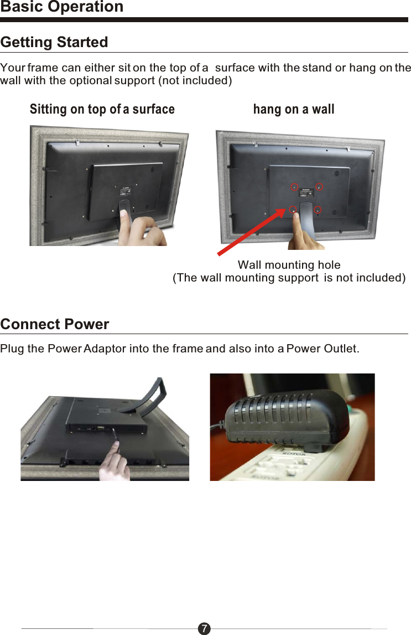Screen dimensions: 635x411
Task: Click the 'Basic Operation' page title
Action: [x=62, y=7]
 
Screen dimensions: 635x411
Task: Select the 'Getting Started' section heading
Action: [x=54, y=42]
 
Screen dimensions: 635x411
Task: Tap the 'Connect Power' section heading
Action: [x=55, y=324]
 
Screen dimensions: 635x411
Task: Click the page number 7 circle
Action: [x=205, y=628]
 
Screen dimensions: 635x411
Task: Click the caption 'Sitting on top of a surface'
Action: [x=102, y=109]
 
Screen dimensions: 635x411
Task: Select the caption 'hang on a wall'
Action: [x=294, y=109]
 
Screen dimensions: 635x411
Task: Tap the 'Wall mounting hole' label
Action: [x=289, y=265]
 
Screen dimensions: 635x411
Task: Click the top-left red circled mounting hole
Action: [x=295, y=186]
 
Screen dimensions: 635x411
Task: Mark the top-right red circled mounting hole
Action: [x=319, y=186]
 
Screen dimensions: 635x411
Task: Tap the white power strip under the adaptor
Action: [x=332, y=454]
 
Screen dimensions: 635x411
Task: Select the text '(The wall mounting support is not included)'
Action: [x=289, y=278]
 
